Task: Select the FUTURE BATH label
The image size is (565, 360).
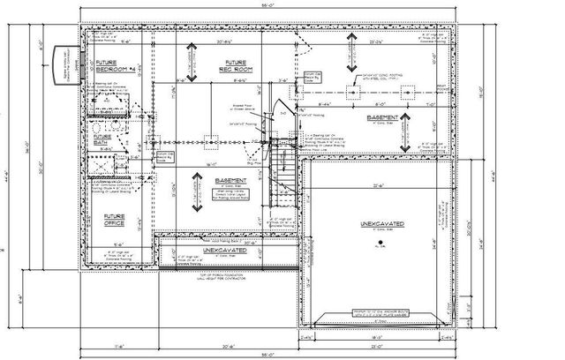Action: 105,140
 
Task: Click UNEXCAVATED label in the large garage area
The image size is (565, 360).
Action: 380,226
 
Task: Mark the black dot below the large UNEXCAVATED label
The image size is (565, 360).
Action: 381,245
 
